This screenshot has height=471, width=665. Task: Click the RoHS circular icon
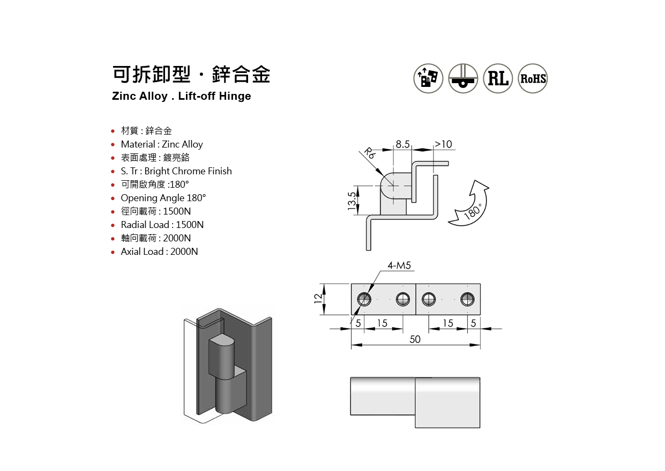[x=533, y=78]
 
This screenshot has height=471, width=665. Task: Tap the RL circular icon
[x=498, y=78]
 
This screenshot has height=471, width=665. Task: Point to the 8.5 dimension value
[x=402, y=144]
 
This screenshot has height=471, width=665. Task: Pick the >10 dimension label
[x=443, y=144]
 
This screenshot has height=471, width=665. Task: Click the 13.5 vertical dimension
[x=352, y=202]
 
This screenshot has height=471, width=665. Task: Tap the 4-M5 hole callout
[x=399, y=266]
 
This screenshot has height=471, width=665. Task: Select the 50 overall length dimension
[x=415, y=339]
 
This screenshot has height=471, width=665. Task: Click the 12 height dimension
[x=318, y=299]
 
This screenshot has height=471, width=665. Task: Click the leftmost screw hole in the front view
[x=365, y=299]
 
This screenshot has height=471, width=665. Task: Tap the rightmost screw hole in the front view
[x=467, y=299]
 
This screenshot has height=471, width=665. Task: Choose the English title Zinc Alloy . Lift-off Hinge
[x=181, y=97]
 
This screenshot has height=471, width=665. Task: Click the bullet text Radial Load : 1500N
[x=162, y=225]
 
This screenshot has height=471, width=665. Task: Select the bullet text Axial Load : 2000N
[x=159, y=252]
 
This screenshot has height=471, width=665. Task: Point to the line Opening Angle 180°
[x=163, y=198]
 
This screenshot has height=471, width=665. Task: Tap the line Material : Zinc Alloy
[x=162, y=144]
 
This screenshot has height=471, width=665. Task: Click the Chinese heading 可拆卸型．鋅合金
[x=191, y=75]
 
